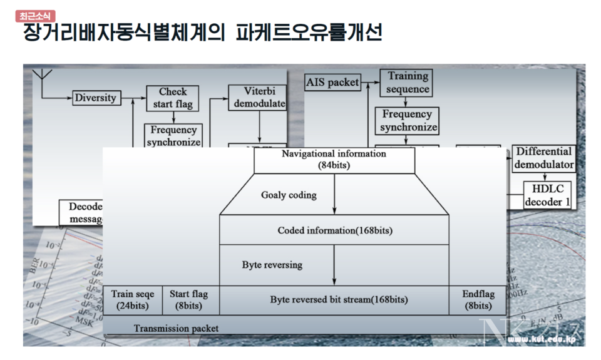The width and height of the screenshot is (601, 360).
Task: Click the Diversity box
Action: pyautogui.click(x=95, y=98)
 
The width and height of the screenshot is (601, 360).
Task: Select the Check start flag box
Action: pyautogui.click(x=173, y=98)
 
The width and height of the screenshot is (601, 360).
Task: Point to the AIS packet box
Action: pyautogui.click(x=332, y=82)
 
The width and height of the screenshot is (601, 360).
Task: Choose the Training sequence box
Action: pyautogui.click(x=408, y=82)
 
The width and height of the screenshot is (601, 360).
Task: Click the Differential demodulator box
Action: pyautogui.click(x=544, y=158)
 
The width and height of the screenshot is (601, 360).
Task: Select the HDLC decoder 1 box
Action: pyautogui.click(x=548, y=195)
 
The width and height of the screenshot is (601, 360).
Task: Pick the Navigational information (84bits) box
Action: pyautogui.click(x=334, y=160)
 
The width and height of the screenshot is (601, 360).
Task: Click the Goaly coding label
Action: pyautogui.click(x=289, y=195)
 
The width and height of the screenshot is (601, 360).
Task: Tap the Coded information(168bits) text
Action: pyautogui.click(x=334, y=230)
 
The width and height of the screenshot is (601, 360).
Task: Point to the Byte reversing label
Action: pyautogui.click(x=272, y=265)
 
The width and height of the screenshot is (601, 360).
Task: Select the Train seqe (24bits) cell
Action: pyautogui.click(x=133, y=300)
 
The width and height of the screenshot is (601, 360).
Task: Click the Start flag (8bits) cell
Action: pyautogui.click(x=190, y=300)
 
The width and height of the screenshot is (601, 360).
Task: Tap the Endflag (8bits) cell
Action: pyautogui.click(x=477, y=300)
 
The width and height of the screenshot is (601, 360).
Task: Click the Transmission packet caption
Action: pyautogui.click(x=176, y=328)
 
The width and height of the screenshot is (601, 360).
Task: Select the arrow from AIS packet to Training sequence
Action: pyautogui.click(x=371, y=82)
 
